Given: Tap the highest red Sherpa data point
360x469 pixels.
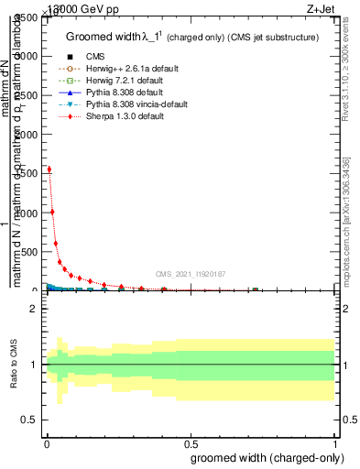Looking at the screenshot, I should pos(49,169).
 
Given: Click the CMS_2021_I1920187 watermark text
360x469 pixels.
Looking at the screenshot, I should pos(190,274).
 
